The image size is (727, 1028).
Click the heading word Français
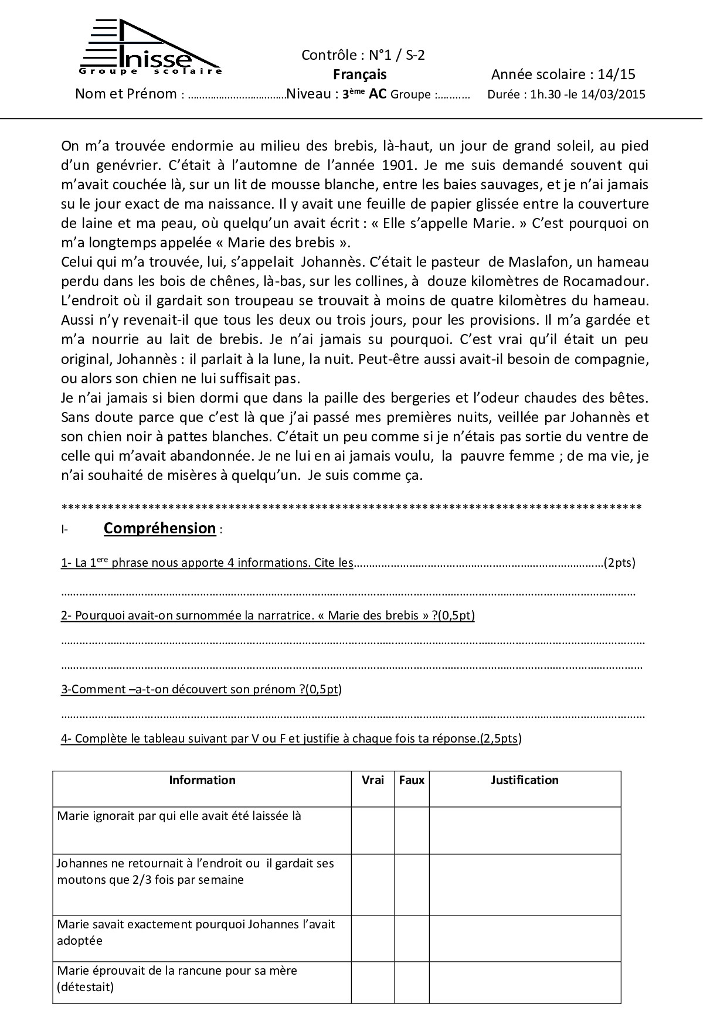pyautogui.click(x=360, y=74)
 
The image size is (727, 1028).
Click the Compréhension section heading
pyautogui.click(x=159, y=528)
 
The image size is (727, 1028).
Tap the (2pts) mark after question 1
pyautogui.click(x=619, y=563)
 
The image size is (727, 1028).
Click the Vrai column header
pyautogui.click(x=373, y=780)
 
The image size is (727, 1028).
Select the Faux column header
pyautogui.click(x=412, y=780)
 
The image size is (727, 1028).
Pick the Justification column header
pyautogui.click(x=524, y=780)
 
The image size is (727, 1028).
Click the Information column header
pyautogui.click(x=202, y=780)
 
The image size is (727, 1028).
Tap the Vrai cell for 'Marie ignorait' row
pyautogui.click(x=373, y=830)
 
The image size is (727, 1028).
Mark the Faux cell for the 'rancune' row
pyautogui.click(x=412, y=983)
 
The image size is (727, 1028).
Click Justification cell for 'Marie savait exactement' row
pyautogui.click(x=524, y=938)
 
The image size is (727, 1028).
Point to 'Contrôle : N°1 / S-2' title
pyautogui.click(x=363, y=55)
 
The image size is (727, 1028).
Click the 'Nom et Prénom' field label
pyautogui.click(x=126, y=94)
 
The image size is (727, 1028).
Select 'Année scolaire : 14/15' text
pyautogui.click(x=563, y=74)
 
